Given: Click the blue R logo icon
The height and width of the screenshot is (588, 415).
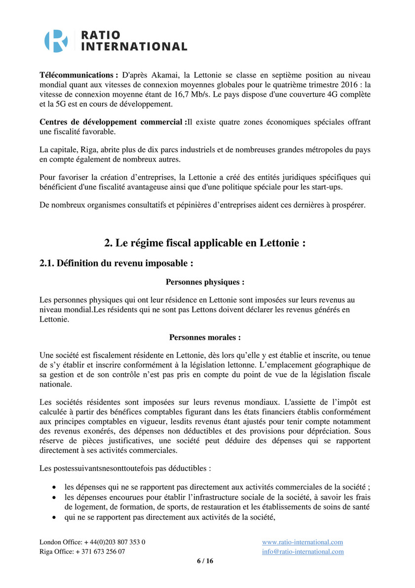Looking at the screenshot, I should (x=56, y=41).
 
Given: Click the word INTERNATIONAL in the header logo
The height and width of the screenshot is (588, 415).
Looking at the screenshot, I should (x=134, y=47).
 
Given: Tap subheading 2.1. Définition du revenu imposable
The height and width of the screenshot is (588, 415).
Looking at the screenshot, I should (x=116, y=263).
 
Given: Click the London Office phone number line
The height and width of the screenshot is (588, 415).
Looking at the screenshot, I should (x=92, y=542).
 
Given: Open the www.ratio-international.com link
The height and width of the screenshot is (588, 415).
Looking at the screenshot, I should (x=302, y=542).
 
